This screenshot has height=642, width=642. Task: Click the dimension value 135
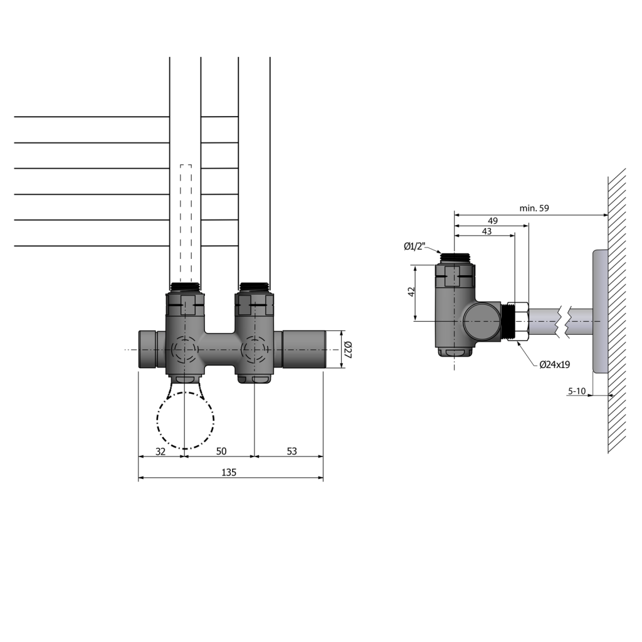[x=229, y=473]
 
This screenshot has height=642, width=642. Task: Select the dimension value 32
[x=160, y=451]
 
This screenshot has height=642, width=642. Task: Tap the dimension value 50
[x=221, y=451]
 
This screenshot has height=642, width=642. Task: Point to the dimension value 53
[x=291, y=451]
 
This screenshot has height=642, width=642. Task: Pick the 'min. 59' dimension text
[x=534, y=209]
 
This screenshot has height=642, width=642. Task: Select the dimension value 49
[x=493, y=220]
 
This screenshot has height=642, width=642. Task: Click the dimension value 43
[x=486, y=231]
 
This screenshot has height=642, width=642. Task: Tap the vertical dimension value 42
[x=411, y=293]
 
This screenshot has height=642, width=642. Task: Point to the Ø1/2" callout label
[x=415, y=246]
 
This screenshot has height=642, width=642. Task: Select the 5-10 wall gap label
[x=576, y=391]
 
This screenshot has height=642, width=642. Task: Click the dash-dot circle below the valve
[x=185, y=420]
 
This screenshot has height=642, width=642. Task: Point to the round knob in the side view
[x=481, y=321]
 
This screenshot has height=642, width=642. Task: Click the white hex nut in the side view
[x=521, y=322]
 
